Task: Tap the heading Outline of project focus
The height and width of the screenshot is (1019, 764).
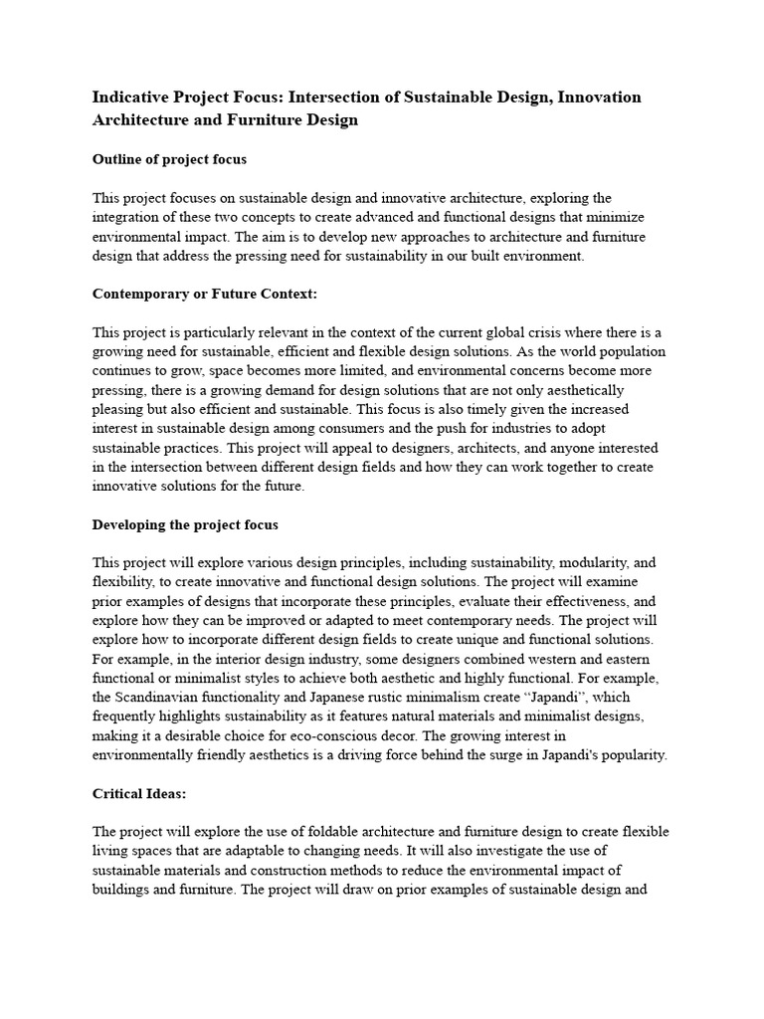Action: coord(169,159)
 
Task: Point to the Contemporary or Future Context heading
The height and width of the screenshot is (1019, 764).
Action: coord(205,294)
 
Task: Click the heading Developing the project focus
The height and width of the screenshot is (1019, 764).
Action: coord(185,524)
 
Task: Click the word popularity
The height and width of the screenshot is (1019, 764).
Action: coord(630,754)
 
